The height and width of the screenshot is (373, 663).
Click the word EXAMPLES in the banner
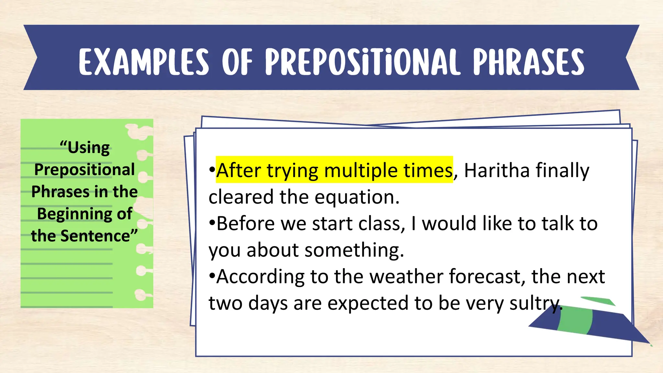click(x=144, y=62)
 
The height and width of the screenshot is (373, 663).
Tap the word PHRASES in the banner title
click(x=528, y=62)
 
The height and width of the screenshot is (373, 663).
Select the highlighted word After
click(x=238, y=170)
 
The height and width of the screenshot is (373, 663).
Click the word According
click(x=260, y=277)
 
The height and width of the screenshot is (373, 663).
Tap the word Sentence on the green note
click(x=99, y=235)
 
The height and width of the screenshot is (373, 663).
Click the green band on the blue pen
click(x=575, y=321)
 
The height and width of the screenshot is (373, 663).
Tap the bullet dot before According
click(x=212, y=276)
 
